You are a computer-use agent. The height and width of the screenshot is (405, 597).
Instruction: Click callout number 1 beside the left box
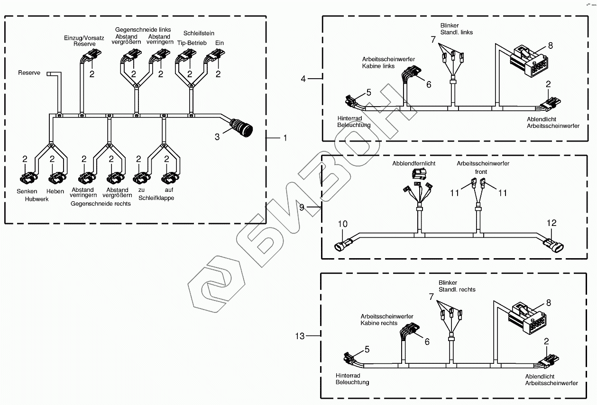pos(285,138)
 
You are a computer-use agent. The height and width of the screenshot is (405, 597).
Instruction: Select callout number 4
pos(303,79)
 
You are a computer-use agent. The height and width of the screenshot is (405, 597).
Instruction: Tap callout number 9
pos(303,207)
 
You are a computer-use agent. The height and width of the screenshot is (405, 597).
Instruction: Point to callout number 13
pos(300,336)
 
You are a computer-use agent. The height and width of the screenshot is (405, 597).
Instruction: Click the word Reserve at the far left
pos(29,73)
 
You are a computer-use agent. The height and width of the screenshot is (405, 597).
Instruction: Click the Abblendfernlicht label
pos(413,163)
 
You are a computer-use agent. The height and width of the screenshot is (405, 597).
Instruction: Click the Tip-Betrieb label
pos(192,43)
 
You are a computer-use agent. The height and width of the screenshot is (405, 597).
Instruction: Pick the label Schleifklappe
pos(156,198)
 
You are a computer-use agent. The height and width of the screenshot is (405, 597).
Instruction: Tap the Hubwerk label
pos(37,199)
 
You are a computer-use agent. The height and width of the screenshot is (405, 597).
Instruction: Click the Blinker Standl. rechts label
pos(457,286)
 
